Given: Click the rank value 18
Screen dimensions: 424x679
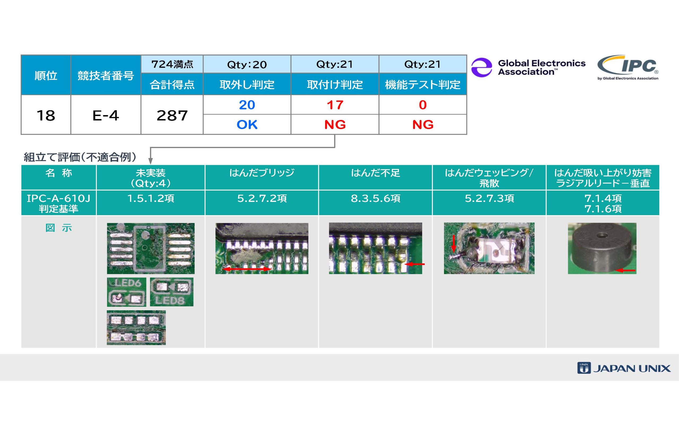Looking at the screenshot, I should [46, 115].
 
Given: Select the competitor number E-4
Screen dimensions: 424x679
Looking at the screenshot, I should [106, 115].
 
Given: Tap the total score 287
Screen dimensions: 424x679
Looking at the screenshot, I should [172, 115].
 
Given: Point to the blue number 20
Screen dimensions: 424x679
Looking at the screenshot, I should [247, 105].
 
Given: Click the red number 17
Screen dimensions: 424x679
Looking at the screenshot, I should [335, 105].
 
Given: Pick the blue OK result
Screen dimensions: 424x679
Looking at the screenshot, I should [247, 125].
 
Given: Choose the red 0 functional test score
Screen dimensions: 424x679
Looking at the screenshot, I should [423, 105].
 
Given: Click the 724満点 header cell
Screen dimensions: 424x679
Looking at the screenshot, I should [172, 64].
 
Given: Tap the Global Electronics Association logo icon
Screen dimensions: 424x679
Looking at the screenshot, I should [481, 67].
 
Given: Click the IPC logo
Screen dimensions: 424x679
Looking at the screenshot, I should [628, 67].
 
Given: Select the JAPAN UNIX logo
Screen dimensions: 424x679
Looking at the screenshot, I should [624, 368].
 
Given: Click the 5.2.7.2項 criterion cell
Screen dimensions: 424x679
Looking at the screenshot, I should [262, 198].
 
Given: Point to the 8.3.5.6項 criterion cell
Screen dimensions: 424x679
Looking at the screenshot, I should [375, 198].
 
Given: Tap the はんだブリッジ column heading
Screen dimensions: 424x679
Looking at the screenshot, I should [262, 173].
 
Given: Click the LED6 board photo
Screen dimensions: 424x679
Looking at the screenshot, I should [127, 292].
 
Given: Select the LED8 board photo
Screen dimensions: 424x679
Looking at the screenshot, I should [172, 292].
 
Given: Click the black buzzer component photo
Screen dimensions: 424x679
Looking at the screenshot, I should [602, 248].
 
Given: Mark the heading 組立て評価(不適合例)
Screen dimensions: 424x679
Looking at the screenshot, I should [80, 157].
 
